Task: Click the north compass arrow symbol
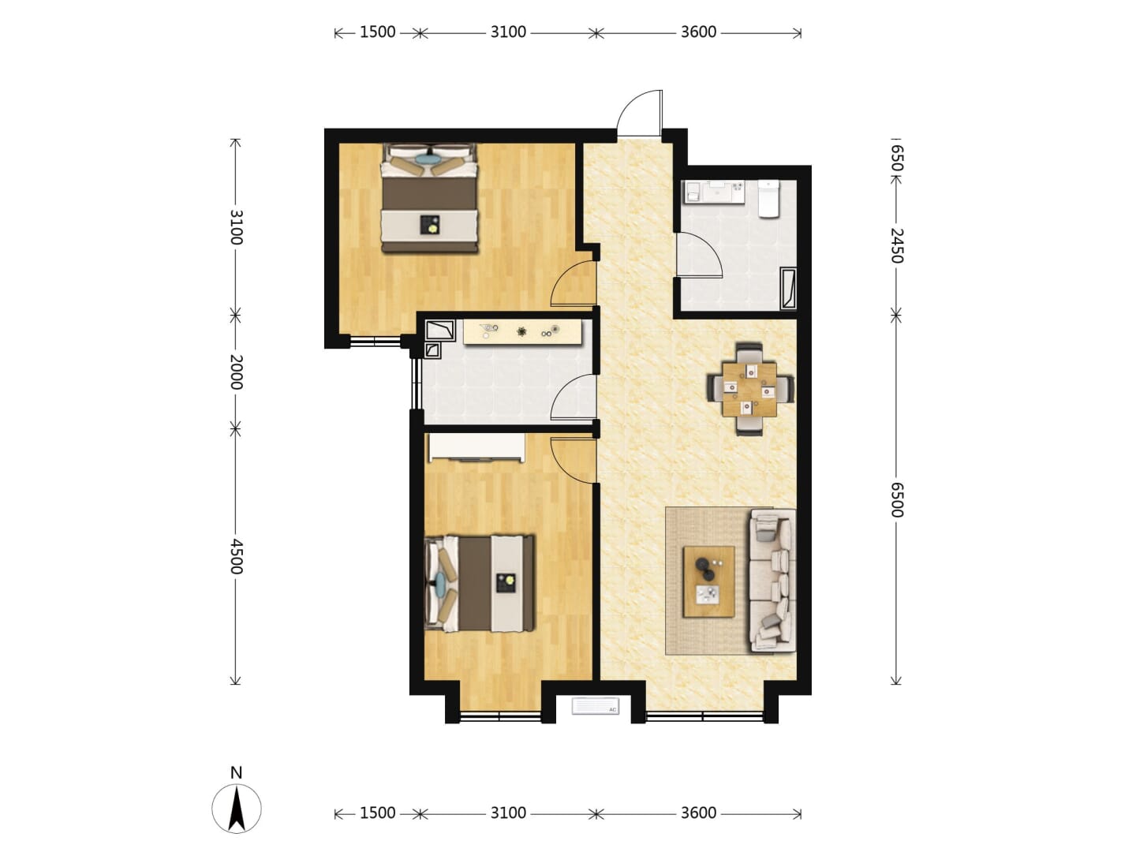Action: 237,809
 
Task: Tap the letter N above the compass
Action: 236,773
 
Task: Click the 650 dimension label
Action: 896,159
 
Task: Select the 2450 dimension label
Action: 896,245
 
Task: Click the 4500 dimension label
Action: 236,557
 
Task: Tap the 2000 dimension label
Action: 236,372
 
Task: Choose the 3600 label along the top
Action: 698,32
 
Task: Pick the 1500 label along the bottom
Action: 377,813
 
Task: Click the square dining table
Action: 750,389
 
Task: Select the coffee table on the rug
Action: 708,581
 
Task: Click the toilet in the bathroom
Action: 768,199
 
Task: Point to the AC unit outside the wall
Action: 595,706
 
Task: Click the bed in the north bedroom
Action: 430,199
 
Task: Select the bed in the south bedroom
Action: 479,584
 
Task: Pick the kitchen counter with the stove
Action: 523,332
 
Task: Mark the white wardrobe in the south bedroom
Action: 476,447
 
